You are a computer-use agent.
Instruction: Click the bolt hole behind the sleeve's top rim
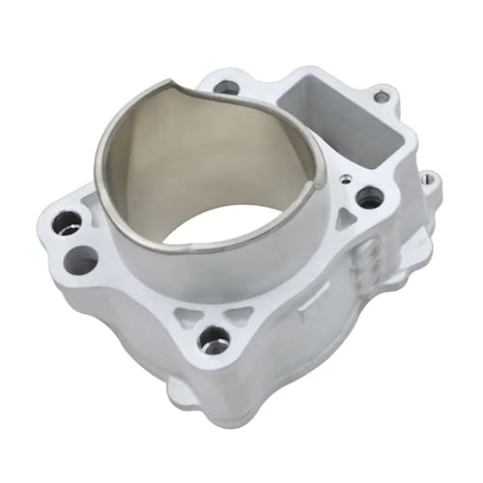pos(226,87)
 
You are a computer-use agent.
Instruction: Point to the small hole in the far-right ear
pos(426,179)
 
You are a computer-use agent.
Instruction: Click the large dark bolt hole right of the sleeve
pos(368,197)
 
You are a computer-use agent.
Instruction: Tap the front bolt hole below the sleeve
pos(213,339)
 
